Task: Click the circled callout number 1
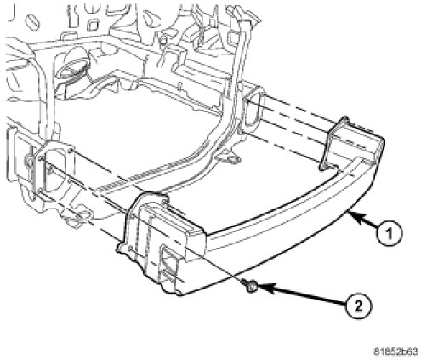[389, 234]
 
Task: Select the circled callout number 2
[358, 306]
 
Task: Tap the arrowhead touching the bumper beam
[356, 218]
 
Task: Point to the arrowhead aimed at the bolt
[265, 289]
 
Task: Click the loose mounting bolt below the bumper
[249, 286]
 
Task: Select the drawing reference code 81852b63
[395, 351]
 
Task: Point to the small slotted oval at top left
[31, 20]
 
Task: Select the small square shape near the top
[92, 26]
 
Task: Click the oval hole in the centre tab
[234, 159]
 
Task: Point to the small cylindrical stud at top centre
[162, 42]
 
